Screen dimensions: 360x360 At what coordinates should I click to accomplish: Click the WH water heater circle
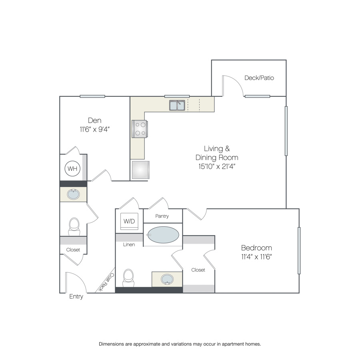pos(72,168)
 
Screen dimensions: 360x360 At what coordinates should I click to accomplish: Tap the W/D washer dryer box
pos(129,221)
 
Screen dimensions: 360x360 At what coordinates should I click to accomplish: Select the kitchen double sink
pos(177,105)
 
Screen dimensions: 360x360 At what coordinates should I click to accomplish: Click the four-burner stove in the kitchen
pos(140,129)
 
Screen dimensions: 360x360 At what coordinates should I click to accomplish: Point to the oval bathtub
pos(163,235)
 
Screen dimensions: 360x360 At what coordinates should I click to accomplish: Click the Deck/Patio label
pos(259,78)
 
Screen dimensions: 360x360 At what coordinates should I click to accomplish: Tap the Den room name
pos(94,120)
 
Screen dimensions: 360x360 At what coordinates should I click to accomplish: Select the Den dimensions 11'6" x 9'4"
pos(94,129)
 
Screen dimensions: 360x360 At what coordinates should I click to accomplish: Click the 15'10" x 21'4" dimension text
pos(217,166)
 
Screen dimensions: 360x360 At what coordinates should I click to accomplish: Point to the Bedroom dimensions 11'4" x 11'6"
pos(256,256)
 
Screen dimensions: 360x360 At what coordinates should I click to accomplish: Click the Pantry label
pos(162,216)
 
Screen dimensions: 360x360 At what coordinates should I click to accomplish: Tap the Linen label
pos(129,244)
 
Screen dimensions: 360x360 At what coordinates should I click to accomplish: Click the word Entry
pos(76,297)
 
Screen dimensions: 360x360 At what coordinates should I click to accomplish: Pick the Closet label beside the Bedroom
pos(198,270)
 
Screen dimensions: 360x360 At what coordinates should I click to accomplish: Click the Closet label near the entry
pos(73,250)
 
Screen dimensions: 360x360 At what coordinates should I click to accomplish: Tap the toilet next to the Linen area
pos(128,278)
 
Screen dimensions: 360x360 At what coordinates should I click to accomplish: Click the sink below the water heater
pos(74,194)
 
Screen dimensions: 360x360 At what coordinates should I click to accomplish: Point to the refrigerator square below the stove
pos(141,170)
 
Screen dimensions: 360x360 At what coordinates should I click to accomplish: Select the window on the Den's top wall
pos(92,96)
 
